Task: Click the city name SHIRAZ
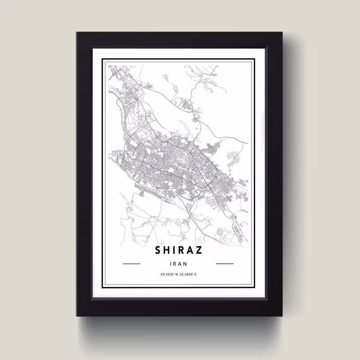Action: coord(179,250)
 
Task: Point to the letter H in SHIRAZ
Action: coord(168,250)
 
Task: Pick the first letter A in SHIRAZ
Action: coord(191,250)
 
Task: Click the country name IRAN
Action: coord(179,264)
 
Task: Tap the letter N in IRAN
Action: coord(185,264)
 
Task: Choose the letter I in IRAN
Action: coord(172,264)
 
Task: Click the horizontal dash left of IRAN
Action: coord(132,264)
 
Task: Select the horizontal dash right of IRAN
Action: coord(225,264)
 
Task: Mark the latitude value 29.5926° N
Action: coord(169,274)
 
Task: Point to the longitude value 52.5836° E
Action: coord(189,274)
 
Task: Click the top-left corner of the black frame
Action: coord(77,32)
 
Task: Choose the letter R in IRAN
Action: coord(175,264)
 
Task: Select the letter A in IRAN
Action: coord(180,264)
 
